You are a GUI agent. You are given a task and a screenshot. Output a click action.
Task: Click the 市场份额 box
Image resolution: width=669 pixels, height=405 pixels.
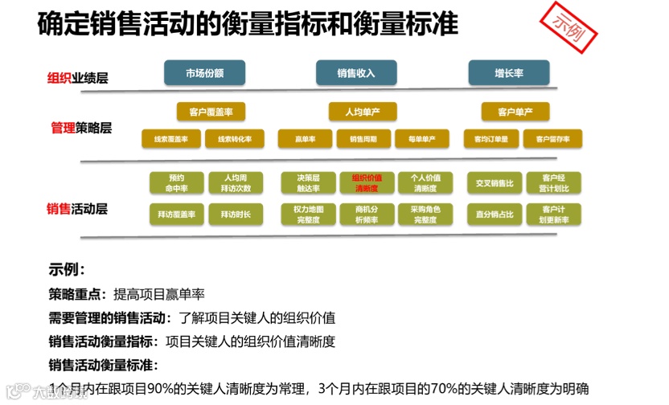pos(204,72)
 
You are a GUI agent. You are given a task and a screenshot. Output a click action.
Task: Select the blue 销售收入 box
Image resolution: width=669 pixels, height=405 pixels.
pos(356,72)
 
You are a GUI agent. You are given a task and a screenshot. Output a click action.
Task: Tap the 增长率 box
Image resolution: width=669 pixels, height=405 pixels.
pos(509,72)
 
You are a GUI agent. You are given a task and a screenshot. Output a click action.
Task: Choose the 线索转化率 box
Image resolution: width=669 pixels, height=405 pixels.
pos(235,139)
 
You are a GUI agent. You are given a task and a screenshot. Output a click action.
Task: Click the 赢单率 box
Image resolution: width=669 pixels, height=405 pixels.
pos(305,139)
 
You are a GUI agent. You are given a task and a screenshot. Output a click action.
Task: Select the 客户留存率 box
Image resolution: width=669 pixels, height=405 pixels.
pos(552,139)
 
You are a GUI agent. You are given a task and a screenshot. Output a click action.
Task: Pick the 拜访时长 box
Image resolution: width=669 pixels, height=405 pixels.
pos(235,215)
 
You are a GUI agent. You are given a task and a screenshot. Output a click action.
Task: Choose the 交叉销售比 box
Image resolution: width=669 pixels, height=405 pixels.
pos(494,182)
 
